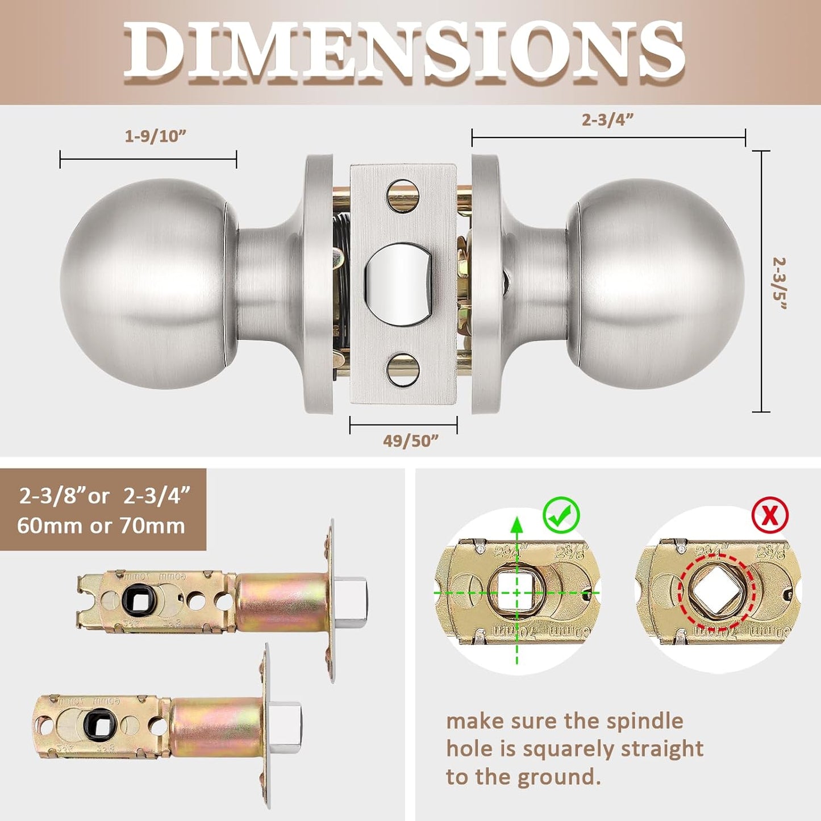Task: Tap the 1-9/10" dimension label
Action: pos(155,136)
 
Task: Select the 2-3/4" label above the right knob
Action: pos(607,120)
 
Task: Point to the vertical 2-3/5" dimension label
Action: pos(780,283)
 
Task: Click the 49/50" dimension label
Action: pos(411,441)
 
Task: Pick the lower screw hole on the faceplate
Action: pos(403,368)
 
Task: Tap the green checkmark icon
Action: pos(561,514)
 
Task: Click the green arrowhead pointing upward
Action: pos(516,525)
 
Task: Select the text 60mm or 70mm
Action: pos(101,526)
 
